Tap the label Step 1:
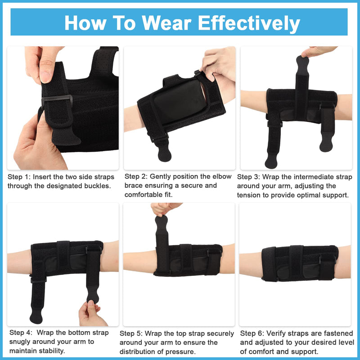click(x=19, y=177)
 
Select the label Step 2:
click(x=136, y=176)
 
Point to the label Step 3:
click(x=248, y=177)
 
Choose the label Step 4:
click(x=19, y=333)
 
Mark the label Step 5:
click(x=131, y=333)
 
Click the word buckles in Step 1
click(x=96, y=186)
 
